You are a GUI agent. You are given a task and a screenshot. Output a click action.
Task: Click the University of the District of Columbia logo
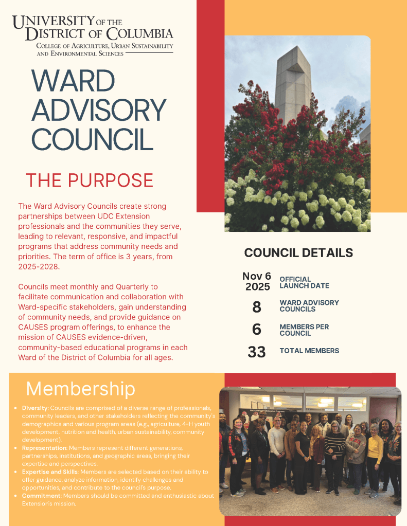tap(93, 35)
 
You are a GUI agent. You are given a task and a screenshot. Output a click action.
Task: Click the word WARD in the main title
tap(73, 82)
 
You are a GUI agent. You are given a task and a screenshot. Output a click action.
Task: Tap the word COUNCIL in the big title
tap(93, 139)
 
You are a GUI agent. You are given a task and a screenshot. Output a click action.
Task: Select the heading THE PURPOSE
tap(90, 180)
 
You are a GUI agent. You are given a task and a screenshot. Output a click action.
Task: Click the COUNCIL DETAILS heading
tap(298, 252)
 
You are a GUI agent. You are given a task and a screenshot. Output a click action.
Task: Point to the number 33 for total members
tap(257, 352)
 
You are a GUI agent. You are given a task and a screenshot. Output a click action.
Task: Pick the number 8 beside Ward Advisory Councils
tap(257, 307)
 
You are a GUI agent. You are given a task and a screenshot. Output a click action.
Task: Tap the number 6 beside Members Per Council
tap(257, 330)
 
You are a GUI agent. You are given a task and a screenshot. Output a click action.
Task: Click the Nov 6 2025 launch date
tap(257, 281)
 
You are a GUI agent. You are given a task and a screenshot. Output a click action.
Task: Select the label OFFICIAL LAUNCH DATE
tap(304, 282)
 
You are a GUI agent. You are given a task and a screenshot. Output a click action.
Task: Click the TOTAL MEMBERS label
tap(309, 351)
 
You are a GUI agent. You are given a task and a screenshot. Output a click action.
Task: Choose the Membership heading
tap(81, 388)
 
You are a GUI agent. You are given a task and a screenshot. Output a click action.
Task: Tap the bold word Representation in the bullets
tap(44, 447)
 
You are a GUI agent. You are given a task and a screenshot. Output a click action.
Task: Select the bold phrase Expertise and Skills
tap(50, 471)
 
